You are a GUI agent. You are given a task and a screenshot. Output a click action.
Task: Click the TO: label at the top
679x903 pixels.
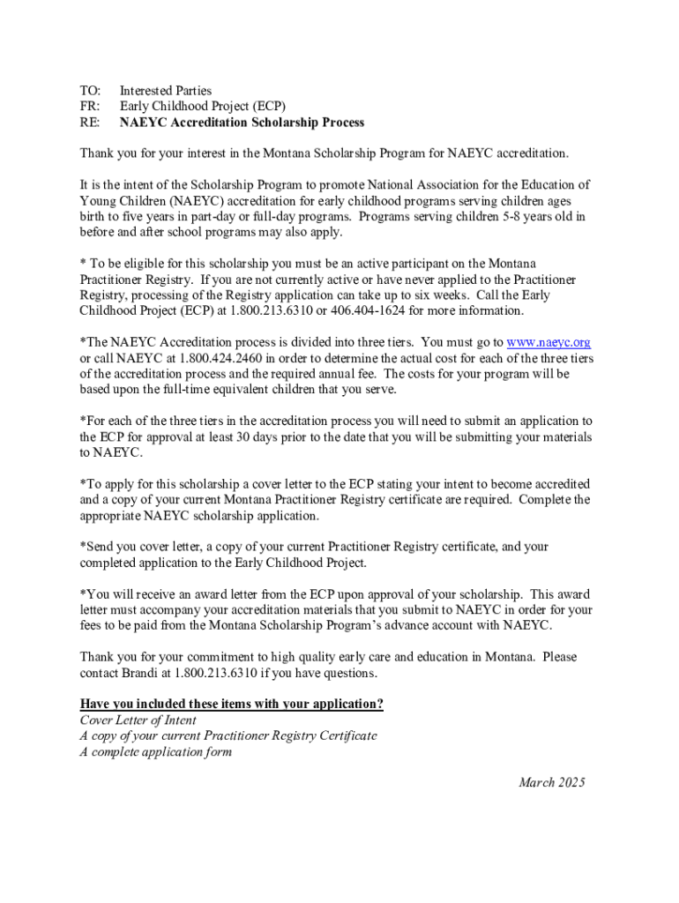tap(90, 91)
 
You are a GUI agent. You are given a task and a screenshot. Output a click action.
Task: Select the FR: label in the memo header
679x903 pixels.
tap(90, 107)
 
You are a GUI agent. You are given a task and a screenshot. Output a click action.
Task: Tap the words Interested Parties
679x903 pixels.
tap(166, 91)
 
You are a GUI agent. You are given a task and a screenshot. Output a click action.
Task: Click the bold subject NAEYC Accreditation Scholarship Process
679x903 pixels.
tap(242, 123)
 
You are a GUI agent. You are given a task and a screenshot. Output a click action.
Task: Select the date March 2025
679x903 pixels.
tap(551, 782)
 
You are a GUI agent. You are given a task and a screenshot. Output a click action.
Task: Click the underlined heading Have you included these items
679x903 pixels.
tap(231, 704)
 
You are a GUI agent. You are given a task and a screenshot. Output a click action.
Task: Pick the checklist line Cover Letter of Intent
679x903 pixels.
tap(138, 720)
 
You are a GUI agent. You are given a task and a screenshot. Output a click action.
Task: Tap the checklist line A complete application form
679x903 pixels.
tap(155, 751)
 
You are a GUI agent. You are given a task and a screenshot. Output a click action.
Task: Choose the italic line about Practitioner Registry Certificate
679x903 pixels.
tap(228, 735)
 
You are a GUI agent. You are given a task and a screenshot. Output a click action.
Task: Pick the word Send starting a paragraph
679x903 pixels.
tap(101, 547)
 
